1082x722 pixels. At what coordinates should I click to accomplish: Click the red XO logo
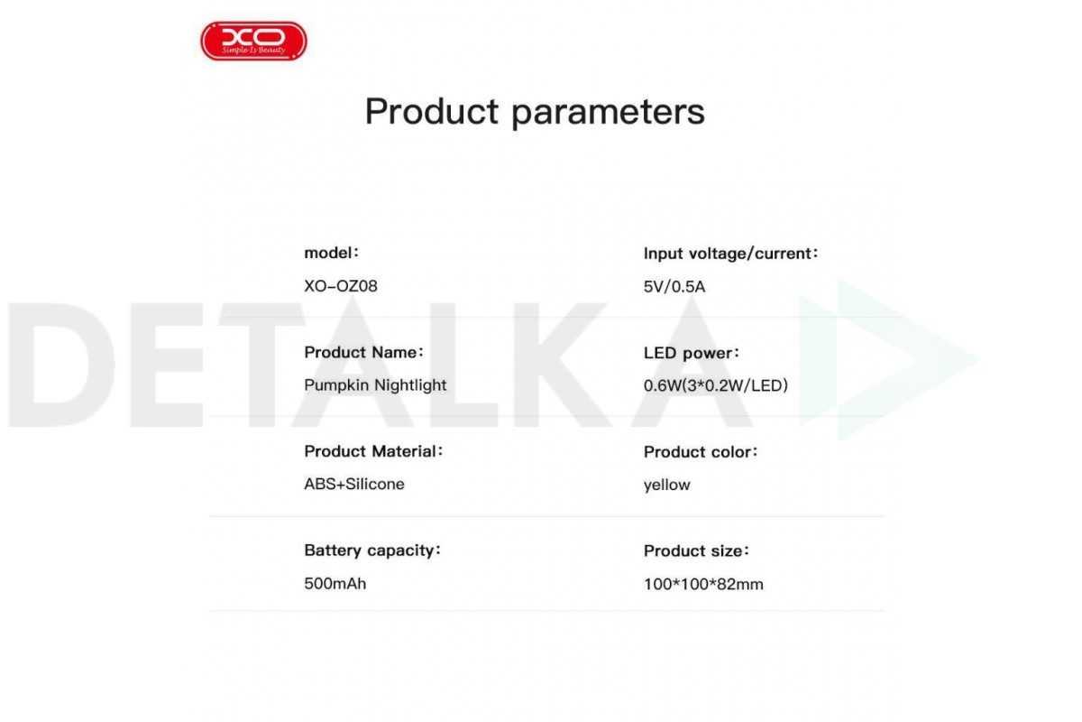pyautogui.click(x=253, y=41)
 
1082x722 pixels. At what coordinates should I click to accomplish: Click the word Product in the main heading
pyautogui.click(x=431, y=112)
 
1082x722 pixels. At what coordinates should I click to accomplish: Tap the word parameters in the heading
pyautogui.click(x=608, y=114)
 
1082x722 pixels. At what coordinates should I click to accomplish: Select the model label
pyautogui.click(x=332, y=253)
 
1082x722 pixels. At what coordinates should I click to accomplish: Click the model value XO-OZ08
pyautogui.click(x=341, y=286)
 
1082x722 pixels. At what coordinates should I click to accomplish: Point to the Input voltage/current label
pyautogui.click(x=730, y=254)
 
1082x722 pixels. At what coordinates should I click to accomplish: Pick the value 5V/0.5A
pyautogui.click(x=674, y=287)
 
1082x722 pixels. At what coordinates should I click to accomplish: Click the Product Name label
pyautogui.click(x=363, y=352)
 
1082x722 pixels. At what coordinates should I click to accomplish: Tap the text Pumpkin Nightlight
pyautogui.click(x=375, y=385)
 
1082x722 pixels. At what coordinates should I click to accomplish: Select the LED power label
pyautogui.click(x=692, y=353)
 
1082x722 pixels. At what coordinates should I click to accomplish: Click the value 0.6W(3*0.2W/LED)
pyautogui.click(x=715, y=385)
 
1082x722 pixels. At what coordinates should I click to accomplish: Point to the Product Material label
pyautogui.click(x=373, y=451)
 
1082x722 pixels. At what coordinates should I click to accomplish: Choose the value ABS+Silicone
pyautogui.click(x=354, y=484)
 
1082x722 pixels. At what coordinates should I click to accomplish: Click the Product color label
pyautogui.click(x=701, y=452)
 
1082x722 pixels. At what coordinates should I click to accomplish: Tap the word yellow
pyautogui.click(x=666, y=485)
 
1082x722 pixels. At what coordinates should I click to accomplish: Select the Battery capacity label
pyautogui.click(x=372, y=551)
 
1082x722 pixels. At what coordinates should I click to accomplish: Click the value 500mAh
pyautogui.click(x=335, y=584)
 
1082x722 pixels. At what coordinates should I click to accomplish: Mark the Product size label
pyautogui.click(x=696, y=551)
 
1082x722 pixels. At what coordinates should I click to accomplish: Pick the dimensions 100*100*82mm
pyautogui.click(x=703, y=584)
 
